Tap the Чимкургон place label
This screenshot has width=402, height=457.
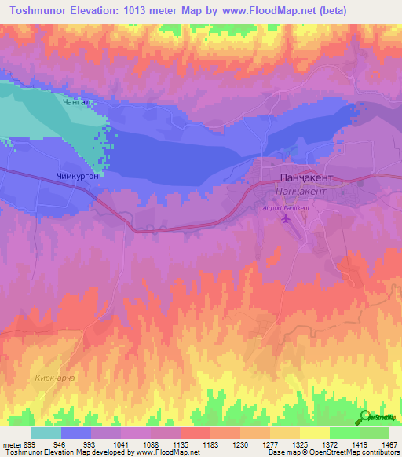click(x=78, y=177)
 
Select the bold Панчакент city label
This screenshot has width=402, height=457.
click(x=307, y=178)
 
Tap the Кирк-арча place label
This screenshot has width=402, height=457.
click(x=55, y=378)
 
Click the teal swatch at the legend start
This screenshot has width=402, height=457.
click(x=46, y=433)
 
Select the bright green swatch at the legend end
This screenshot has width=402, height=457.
click(x=375, y=433)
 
